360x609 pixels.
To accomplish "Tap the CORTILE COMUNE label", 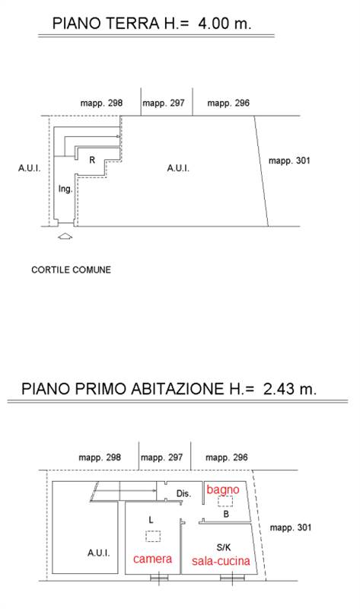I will [x=71, y=269].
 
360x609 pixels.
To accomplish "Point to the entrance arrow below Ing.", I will [x=65, y=237].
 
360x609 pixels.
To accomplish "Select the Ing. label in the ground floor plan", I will [x=65, y=190].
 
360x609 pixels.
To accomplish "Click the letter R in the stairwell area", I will [x=92, y=160].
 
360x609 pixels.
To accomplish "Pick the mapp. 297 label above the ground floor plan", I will [x=165, y=104].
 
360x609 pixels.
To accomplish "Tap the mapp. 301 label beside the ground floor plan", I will [x=290, y=161].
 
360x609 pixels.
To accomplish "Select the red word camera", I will [x=153, y=560].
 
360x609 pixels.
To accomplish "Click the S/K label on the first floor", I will [x=223, y=547].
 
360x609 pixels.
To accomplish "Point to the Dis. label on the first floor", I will [x=183, y=494].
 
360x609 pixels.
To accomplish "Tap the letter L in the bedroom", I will [x=151, y=520].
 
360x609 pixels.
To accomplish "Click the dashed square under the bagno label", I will [x=225, y=502].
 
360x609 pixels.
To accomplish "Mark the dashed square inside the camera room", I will [x=153, y=537].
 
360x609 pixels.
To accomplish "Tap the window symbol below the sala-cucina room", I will [x=226, y=579].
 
